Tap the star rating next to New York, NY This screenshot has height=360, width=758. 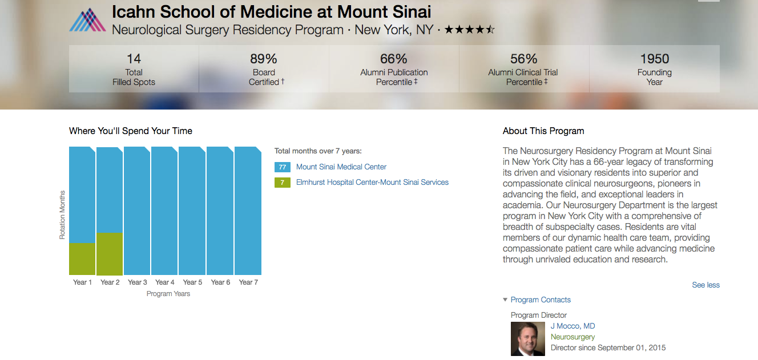469,30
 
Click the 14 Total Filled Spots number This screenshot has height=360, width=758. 134,59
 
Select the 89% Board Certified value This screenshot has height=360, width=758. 263,59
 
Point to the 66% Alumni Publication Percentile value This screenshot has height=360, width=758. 394,59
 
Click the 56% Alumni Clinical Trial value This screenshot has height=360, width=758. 523,59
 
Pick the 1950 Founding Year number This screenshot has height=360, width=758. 654,59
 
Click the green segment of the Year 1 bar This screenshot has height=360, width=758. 82,258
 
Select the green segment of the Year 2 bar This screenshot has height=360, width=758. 110,253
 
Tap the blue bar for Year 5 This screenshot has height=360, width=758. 192,211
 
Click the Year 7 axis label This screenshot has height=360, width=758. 248,282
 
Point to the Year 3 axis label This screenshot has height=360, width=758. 138,282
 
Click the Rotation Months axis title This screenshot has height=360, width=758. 63,215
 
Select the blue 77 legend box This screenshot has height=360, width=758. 283,167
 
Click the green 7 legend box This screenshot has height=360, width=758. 283,183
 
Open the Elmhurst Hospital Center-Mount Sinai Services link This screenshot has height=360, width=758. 372,183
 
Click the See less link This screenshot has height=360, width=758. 705,285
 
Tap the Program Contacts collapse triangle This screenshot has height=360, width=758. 505,300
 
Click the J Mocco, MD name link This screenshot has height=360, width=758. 572,326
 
